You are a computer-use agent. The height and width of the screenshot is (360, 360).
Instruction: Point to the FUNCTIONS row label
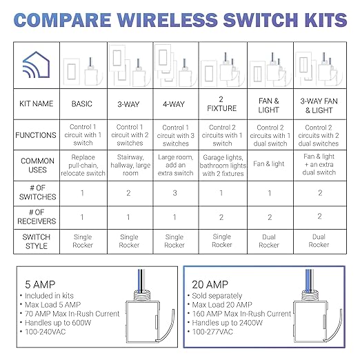tap(37, 134)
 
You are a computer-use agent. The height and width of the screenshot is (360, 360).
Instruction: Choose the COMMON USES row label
tap(37, 165)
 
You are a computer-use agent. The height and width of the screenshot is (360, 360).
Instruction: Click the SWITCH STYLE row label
tap(37, 241)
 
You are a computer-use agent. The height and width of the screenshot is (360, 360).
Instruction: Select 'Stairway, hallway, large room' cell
tap(129, 165)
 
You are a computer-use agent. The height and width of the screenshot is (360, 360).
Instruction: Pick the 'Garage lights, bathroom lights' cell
tap(222, 165)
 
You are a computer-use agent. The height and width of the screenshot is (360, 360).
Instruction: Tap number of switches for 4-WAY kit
tap(175, 192)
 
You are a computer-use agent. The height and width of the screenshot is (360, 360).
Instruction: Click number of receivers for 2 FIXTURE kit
tap(222, 217)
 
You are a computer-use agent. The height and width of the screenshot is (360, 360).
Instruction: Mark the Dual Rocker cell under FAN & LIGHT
tap(269, 241)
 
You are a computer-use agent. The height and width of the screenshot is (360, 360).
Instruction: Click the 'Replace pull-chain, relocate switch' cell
tap(82, 165)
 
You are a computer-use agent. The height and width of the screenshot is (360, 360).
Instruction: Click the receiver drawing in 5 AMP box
tap(144, 314)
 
